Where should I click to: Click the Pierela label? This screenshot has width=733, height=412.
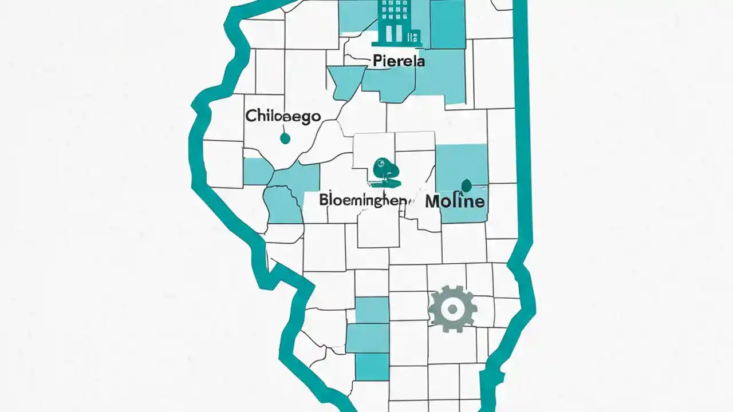pyautogui.click(x=399, y=61)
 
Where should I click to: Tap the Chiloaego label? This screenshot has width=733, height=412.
pyautogui.click(x=282, y=116)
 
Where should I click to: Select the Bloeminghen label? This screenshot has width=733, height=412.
pyautogui.click(x=364, y=200)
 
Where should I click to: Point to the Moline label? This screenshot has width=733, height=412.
pyautogui.click(x=455, y=201)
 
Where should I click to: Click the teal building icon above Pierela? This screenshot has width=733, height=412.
pyautogui.click(x=396, y=23)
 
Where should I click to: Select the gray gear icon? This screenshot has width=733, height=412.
pyautogui.click(x=452, y=309)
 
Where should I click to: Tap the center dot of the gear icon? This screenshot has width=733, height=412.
pyautogui.click(x=452, y=309)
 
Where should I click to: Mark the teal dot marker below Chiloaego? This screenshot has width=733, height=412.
pyautogui.click(x=285, y=138)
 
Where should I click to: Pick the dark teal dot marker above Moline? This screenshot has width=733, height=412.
pyautogui.click(x=466, y=185)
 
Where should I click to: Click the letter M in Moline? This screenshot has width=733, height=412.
pyautogui.click(x=433, y=201)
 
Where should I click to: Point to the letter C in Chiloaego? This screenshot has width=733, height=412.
pyautogui.click(x=251, y=116)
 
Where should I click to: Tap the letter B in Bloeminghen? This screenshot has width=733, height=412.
pyautogui.click(x=324, y=200)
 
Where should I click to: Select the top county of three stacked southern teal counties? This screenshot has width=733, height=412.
pyautogui.click(x=372, y=310)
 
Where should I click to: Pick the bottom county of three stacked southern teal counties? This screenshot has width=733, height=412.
pyautogui.click(x=372, y=366)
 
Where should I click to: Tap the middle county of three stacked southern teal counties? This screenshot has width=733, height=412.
pyautogui.click(x=367, y=338)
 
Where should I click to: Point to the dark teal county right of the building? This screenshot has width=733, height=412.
pyautogui.click(x=447, y=24)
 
